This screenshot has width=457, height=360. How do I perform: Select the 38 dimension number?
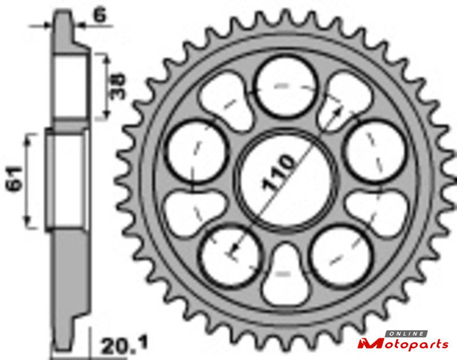(x=118, y=86)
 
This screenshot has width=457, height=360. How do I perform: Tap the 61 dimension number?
(x=15, y=179)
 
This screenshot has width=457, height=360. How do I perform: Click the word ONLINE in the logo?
(x=407, y=334)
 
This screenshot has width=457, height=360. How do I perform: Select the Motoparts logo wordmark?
(x=403, y=344)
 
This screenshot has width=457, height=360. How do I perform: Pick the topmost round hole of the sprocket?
(x=286, y=86)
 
